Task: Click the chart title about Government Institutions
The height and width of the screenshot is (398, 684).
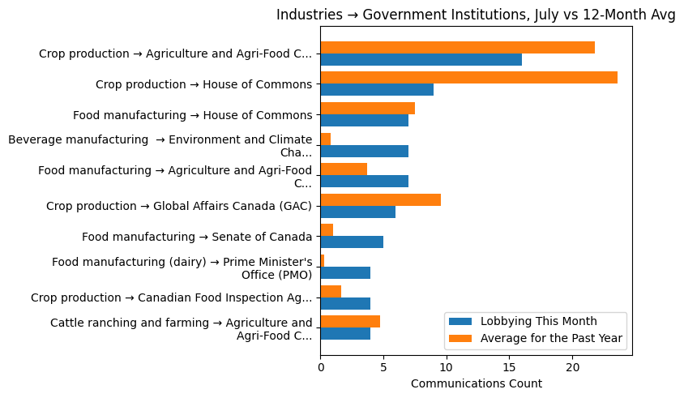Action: coord(476,15)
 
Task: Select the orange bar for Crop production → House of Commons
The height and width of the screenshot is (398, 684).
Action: coord(468,78)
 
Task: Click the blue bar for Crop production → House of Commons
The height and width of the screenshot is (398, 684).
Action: coord(377,90)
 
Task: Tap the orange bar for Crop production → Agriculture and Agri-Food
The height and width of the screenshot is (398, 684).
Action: coord(457,48)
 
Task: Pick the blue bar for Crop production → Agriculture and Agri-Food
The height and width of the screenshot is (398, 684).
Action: coord(421,60)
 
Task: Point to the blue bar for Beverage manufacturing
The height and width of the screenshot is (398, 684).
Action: coord(364,151)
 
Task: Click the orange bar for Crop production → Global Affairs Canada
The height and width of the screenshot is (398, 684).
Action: coord(380,199)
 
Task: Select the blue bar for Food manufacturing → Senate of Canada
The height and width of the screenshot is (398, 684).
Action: coord(352,242)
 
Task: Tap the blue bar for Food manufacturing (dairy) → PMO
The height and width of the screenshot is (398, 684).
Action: coord(345,272)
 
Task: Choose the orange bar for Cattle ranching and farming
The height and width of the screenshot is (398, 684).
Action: coord(350,321)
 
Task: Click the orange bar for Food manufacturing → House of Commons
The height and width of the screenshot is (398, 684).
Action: coord(367,109)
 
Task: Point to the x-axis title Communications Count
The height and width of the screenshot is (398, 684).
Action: coord(476,383)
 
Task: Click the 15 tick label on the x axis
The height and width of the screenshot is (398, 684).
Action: coord(509,367)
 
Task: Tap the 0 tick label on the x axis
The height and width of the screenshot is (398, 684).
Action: coord(321,367)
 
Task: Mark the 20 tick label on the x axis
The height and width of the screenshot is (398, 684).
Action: coord(572,367)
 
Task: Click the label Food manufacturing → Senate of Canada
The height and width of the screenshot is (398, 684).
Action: coord(197,237)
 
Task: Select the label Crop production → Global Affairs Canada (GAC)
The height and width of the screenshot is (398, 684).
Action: coord(179,206)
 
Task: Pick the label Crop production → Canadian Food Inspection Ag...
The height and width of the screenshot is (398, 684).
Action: coord(171,297)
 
